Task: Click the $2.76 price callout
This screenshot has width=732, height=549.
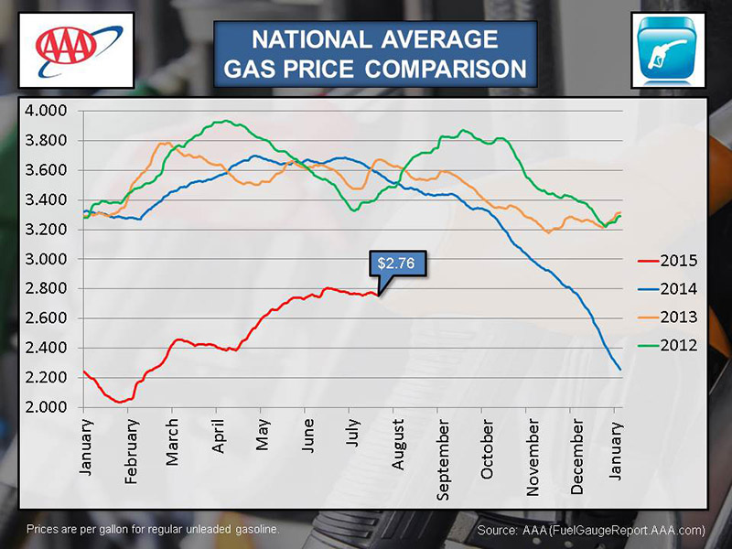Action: (396, 264)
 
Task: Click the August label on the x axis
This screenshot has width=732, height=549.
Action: (398, 445)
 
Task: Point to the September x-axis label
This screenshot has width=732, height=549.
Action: (443, 456)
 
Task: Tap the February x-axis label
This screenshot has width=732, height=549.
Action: (132, 451)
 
